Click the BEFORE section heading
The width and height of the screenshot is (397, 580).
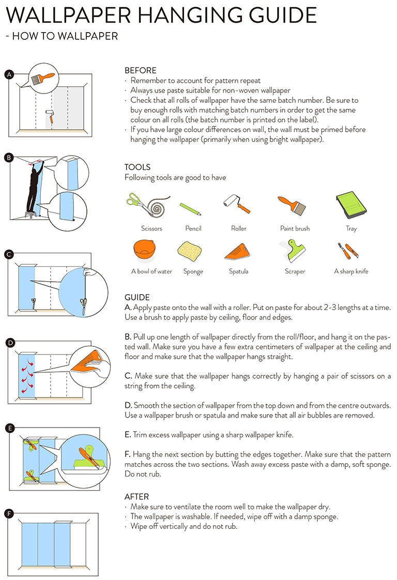[140, 70]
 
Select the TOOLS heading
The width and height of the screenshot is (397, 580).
[138, 167]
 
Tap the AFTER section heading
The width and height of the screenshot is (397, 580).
[136, 496]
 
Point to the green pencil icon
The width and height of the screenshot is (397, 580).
[190, 208]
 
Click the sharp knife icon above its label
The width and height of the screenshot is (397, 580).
[348, 251]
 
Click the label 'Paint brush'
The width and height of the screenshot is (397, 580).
[295, 228]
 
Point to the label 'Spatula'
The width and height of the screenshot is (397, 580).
[238, 271]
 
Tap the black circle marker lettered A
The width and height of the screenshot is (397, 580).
[8, 74]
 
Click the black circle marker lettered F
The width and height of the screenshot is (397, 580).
[8, 513]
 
